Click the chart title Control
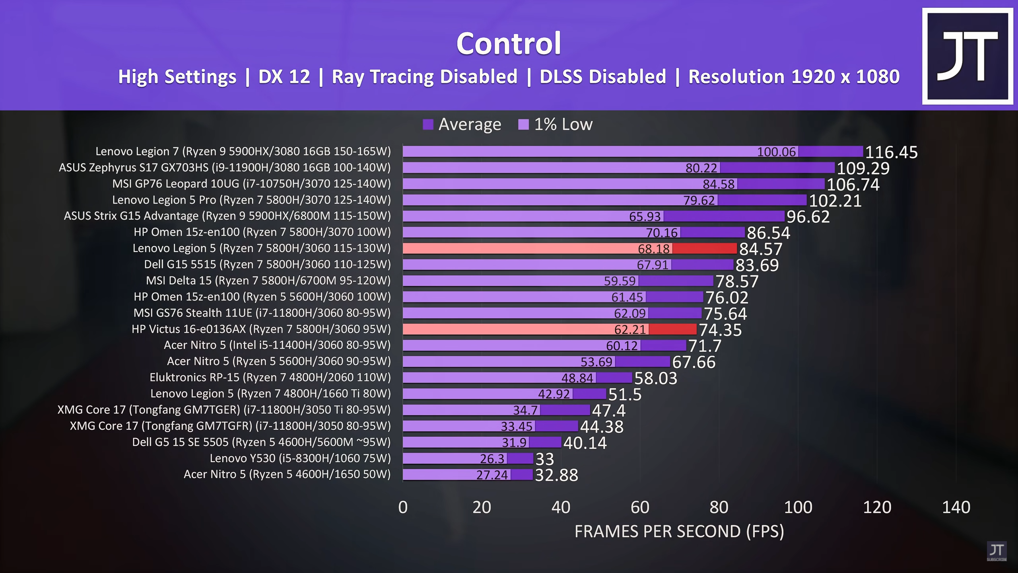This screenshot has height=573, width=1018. [x=509, y=43]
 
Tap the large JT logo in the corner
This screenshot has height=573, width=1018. [x=967, y=56]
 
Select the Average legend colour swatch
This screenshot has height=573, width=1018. [x=428, y=125]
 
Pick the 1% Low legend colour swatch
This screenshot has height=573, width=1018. [x=523, y=125]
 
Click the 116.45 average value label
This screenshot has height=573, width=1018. [x=891, y=152]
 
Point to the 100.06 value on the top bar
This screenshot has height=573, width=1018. [x=776, y=152]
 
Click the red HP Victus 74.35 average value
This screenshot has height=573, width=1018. [x=720, y=330]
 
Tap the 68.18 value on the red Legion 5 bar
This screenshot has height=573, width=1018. [x=654, y=249]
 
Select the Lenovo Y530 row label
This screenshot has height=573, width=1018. [x=300, y=458]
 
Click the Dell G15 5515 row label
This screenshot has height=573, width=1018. [x=267, y=264]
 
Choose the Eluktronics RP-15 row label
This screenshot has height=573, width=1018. [x=270, y=377]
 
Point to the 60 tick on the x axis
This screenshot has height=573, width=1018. [x=640, y=507]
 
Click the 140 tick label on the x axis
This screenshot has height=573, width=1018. [x=956, y=507]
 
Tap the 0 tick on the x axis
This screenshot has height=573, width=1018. [x=403, y=507]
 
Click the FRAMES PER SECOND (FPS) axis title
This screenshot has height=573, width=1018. [x=679, y=532]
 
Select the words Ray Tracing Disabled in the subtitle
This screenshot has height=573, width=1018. [x=424, y=77]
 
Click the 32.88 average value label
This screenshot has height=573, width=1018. [x=556, y=475]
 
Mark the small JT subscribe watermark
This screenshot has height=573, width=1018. [x=997, y=551]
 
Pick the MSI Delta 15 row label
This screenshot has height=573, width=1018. [x=268, y=281]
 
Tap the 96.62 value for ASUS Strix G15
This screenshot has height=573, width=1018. [x=808, y=217]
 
